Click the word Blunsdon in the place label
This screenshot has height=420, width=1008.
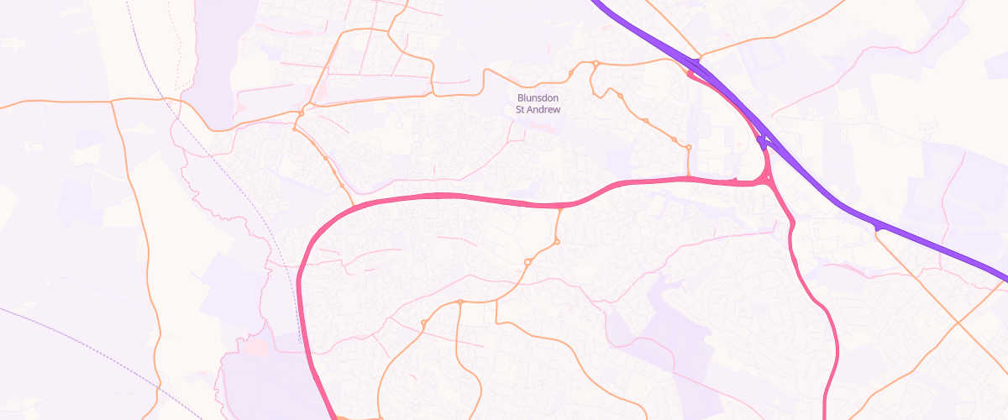coord(538,98)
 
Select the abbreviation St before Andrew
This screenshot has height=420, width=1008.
coord(521,110)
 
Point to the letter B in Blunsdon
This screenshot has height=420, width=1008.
coord(521,98)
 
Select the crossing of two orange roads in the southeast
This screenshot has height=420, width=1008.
coord(957,322)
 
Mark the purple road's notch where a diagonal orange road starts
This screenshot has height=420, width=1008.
coord(876,228)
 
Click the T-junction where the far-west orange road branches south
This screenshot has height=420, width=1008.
coord(113,102)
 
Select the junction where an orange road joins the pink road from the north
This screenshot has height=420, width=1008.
coord(689,178)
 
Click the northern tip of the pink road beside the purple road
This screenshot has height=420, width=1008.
coord(690,75)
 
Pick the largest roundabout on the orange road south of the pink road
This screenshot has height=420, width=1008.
coord(528,263)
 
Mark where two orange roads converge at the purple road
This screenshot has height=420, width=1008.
coord(696,60)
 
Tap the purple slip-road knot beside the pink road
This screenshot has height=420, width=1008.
coord(761,141)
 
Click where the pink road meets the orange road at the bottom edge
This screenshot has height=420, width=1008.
coord(336,417)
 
